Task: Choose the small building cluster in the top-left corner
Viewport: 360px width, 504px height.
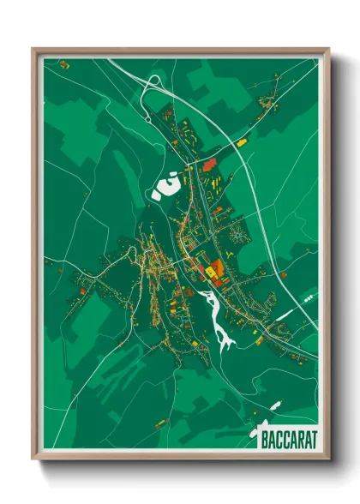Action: pos(64,63)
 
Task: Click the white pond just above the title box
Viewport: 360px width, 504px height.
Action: pos(275,405)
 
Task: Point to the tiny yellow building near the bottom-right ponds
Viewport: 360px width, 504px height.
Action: pos(259,341)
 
